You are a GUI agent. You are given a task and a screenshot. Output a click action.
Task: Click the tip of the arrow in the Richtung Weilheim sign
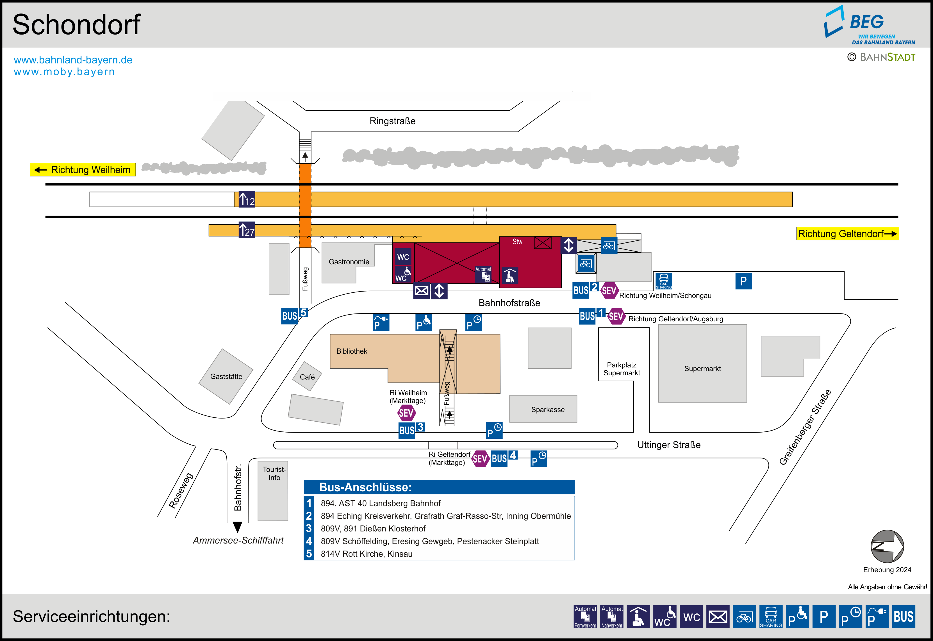click(x=34, y=170)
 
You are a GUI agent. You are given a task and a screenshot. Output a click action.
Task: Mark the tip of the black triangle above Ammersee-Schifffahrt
click(x=238, y=532)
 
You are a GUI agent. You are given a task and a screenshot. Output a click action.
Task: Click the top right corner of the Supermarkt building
click(x=747, y=324)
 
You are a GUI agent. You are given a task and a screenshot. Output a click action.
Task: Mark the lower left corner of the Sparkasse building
click(x=510, y=422)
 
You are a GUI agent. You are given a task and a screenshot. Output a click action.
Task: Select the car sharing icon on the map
click(x=664, y=281)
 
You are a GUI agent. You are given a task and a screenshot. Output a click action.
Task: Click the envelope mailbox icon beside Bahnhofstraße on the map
click(x=422, y=291)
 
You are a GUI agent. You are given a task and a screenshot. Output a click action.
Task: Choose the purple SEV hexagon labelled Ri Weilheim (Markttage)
click(x=406, y=413)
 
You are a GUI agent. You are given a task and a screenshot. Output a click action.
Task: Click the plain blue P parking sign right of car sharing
click(x=743, y=281)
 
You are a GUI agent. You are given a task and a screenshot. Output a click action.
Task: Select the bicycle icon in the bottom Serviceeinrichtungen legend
click(x=744, y=617)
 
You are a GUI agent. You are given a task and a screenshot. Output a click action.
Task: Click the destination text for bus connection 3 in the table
click(x=373, y=529)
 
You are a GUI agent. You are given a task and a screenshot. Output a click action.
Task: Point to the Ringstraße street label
click(x=393, y=121)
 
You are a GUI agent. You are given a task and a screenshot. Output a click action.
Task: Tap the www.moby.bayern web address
click(x=64, y=72)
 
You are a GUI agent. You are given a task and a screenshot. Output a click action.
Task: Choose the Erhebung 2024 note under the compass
click(x=887, y=570)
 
